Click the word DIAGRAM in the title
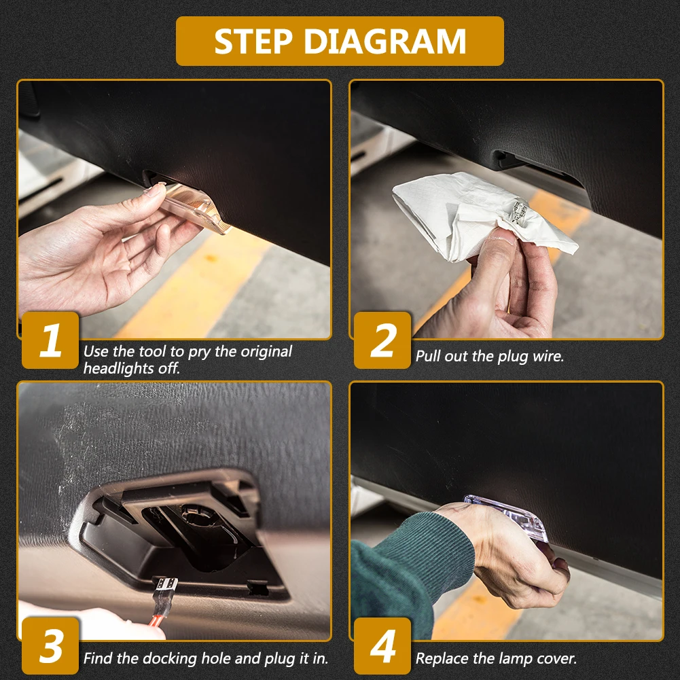(385, 41)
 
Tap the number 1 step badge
(50, 340)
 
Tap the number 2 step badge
(382, 340)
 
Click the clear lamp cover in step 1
(191, 207)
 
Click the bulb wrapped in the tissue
(521, 211)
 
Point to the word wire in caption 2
(548, 357)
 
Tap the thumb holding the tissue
(495, 264)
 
